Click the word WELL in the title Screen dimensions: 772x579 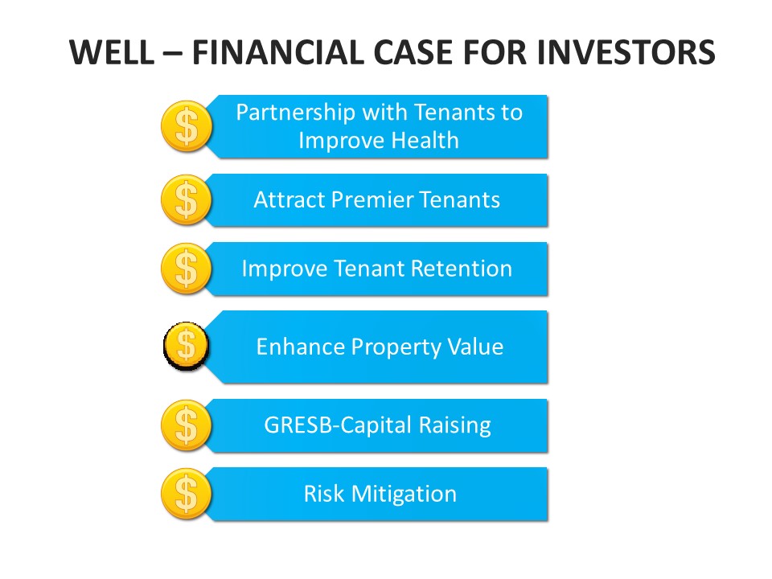coord(112,52)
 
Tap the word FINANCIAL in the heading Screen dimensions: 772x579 coord(278,52)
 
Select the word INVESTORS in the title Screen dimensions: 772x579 coord(626,52)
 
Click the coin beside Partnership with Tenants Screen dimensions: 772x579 coord(187,126)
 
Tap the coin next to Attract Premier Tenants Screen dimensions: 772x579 coord(186,200)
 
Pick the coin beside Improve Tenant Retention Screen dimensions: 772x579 coord(186,269)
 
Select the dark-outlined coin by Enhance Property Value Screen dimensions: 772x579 coord(186,346)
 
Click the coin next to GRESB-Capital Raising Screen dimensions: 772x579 coord(186,425)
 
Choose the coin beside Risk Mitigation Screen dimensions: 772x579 coord(186,494)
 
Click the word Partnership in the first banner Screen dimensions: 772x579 coord(295,113)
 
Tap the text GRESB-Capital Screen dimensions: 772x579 coord(338,426)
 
